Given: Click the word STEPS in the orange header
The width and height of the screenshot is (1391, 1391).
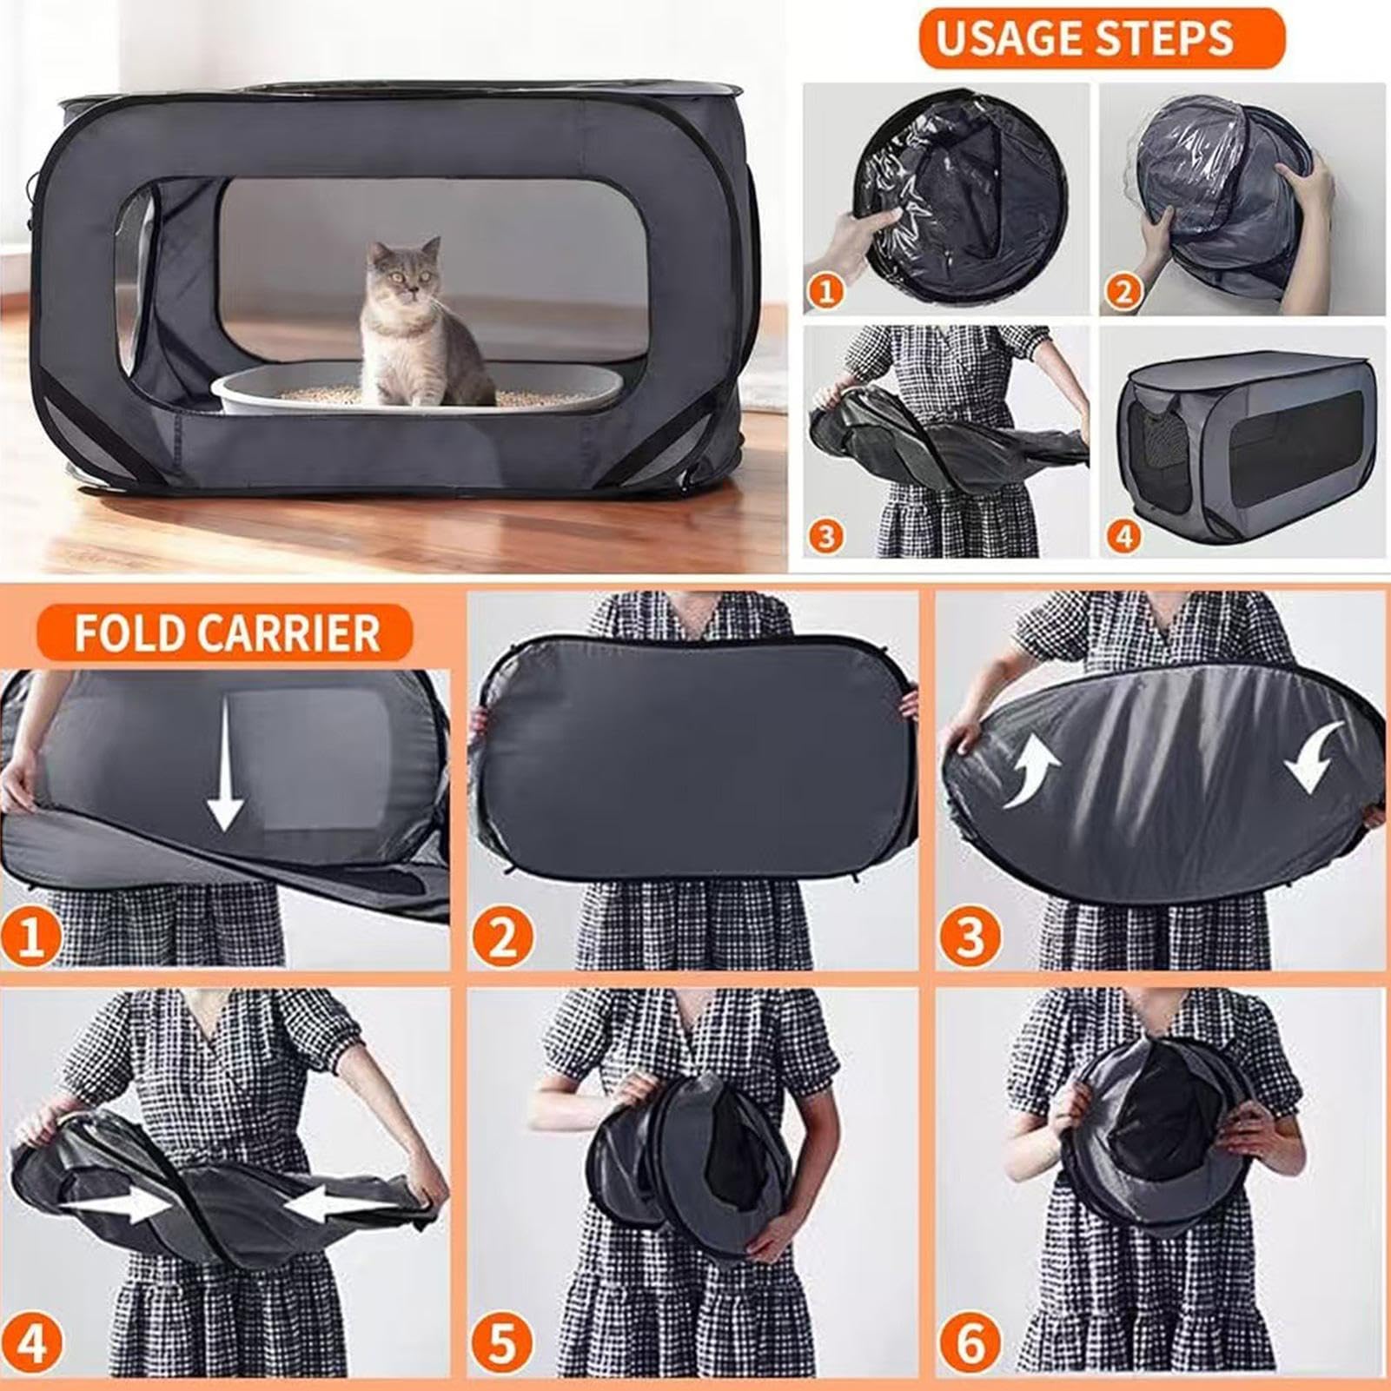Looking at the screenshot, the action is pyautogui.click(x=1160, y=38).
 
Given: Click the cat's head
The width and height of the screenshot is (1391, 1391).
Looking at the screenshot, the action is pyautogui.click(x=403, y=269).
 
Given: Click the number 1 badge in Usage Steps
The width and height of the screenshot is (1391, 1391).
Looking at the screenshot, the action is pyautogui.click(x=826, y=289).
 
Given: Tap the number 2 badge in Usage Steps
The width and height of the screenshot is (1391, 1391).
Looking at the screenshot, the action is pyautogui.click(x=1123, y=290).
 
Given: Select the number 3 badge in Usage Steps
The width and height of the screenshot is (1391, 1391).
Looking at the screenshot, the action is pyautogui.click(x=826, y=535).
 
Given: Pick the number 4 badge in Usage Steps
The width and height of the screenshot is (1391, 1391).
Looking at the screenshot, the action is pyautogui.click(x=1123, y=535).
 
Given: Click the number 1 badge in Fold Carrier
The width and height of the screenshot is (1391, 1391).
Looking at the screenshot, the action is pyautogui.click(x=30, y=937).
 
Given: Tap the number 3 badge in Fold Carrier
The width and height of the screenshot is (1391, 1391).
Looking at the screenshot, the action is pyautogui.click(x=970, y=937).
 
